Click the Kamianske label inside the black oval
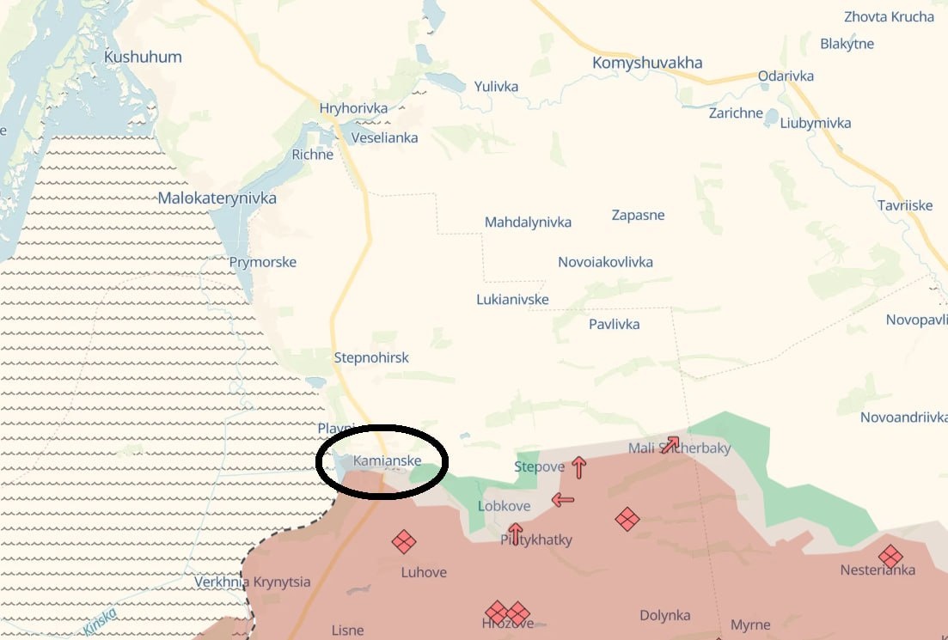point(387,461)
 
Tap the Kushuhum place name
point(143,58)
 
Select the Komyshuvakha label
point(647,63)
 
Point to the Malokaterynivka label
point(217,198)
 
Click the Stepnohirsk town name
point(371,358)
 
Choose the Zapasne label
point(638,215)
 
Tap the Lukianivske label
point(512,300)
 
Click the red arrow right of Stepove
point(579,467)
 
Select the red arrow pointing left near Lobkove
point(563,500)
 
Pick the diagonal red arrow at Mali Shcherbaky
point(670,444)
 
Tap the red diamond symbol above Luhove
point(404,542)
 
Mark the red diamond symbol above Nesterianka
point(890,556)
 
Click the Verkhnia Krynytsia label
point(253,582)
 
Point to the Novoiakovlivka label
point(605,262)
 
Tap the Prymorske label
point(263,262)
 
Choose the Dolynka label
point(665,616)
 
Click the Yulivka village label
point(496,86)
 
